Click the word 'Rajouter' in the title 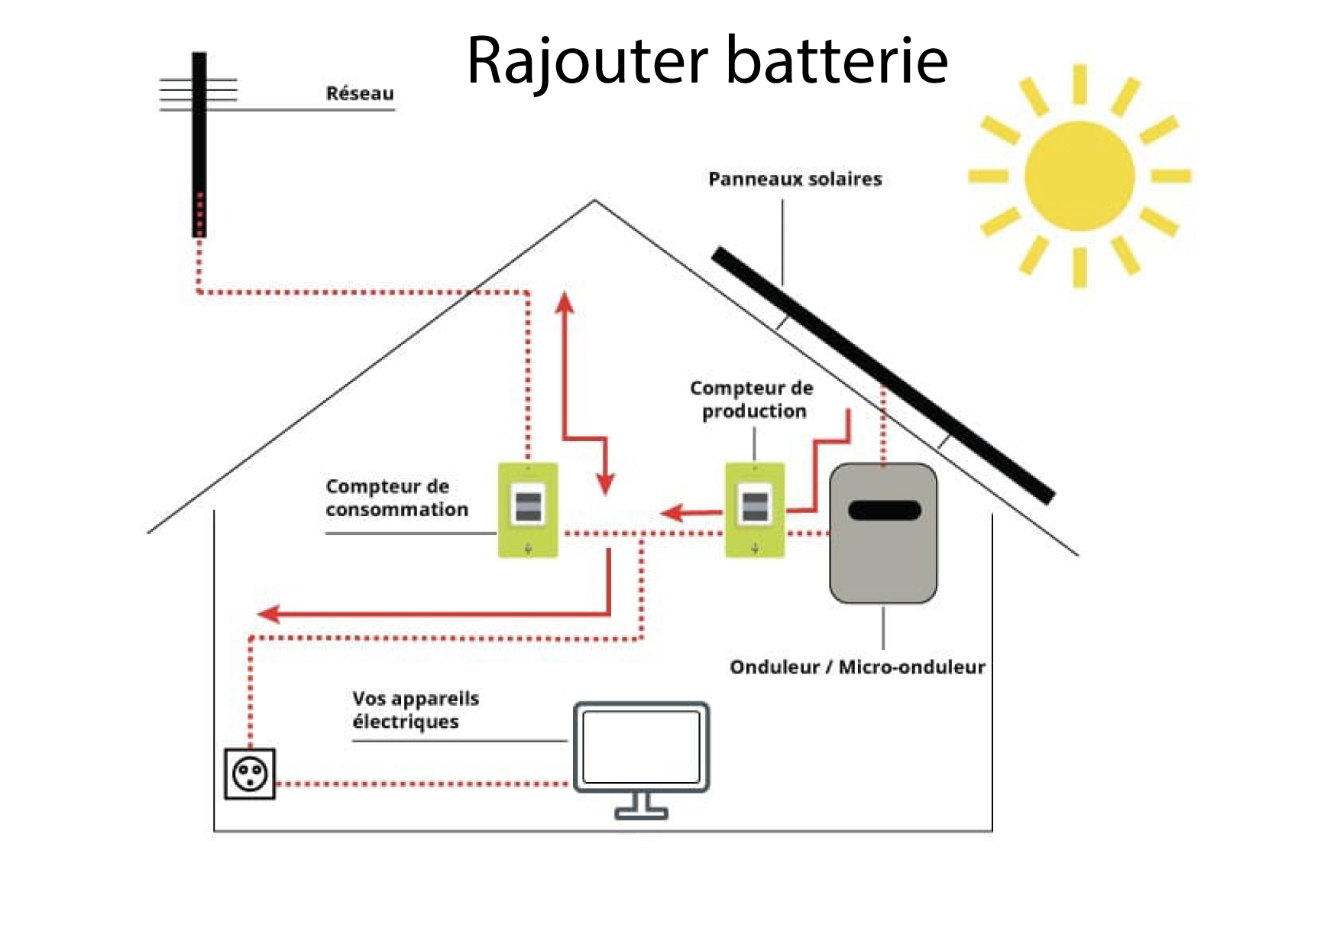pos(587,61)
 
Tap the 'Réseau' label pos(360,93)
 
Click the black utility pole pos(199,145)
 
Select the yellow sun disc pos(1079,176)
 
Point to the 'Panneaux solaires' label pos(795,179)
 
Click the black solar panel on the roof pos(882,375)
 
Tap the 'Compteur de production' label pos(752,399)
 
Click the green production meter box pos(755,510)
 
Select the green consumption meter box pos(528,510)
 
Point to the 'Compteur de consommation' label pos(396,498)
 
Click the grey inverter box pos(883,558)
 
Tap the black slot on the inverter pos(884,510)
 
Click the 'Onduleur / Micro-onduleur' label pos(857,667)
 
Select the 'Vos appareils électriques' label pos(416,709)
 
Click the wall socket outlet pos(250,774)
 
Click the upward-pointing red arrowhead pos(565,301)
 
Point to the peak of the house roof pos(595,201)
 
